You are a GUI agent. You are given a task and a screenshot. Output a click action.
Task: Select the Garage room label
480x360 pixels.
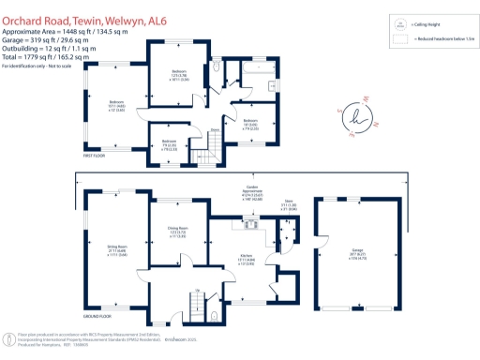pos(357,251)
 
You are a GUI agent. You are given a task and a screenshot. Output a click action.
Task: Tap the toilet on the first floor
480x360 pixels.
pos(218,68)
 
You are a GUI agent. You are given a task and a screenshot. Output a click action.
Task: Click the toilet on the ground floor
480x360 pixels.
pos(217,316)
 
